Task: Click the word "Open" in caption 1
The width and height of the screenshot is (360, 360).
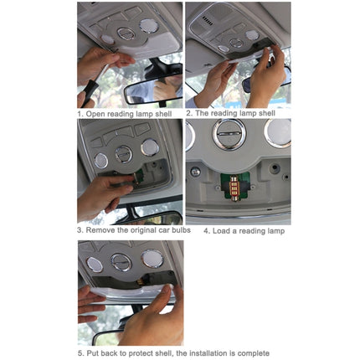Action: click(x=95, y=114)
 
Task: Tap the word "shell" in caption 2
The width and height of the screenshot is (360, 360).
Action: click(x=267, y=113)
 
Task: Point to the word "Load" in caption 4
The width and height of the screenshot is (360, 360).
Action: click(x=222, y=231)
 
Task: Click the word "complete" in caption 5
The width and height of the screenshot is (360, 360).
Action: click(x=254, y=353)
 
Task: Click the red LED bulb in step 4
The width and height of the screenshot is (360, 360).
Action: click(x=234, y=187)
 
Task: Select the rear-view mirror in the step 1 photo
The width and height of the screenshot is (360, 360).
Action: click(x=153, y=89)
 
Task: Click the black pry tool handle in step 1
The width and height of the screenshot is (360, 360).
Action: click(x=90, y=92)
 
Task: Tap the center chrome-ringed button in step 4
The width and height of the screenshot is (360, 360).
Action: click(x=229, y=134)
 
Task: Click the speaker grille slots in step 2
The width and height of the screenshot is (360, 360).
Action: click(x=208, y=21)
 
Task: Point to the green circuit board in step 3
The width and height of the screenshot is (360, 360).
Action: click(x=139, y=176)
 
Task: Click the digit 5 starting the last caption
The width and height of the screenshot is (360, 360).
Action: click(x=80, y=353)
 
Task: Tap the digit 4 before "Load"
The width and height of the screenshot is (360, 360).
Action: click(x=207, y=231)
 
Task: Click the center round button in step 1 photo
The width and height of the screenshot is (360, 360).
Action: click(x=126, y=33)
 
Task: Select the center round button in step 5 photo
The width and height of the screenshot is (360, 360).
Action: click(x=121, y=262)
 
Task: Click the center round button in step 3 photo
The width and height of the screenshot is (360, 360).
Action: click(x=124, y=154)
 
